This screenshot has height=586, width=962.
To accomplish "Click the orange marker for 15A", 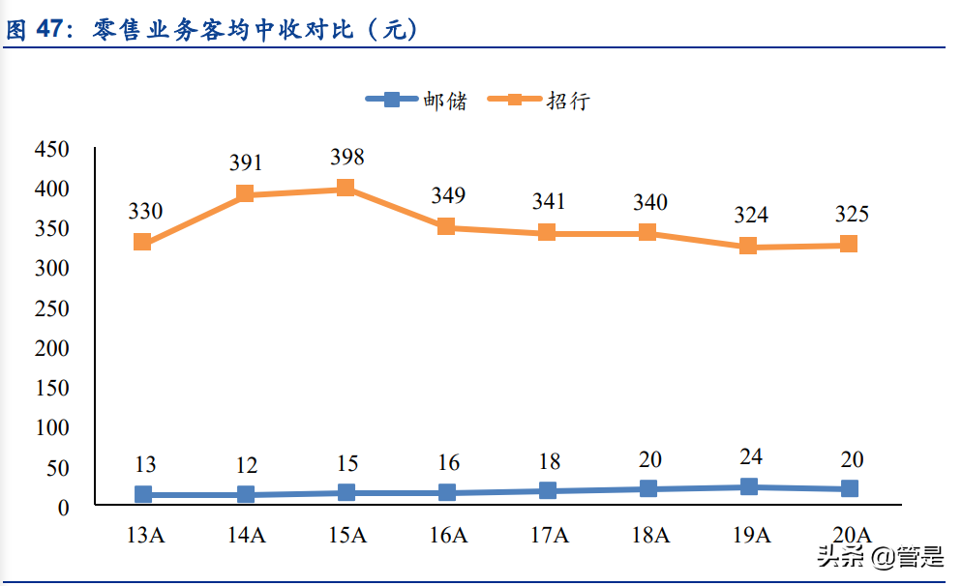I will pos(346,188).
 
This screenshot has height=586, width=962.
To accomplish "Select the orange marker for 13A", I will pos(143,242).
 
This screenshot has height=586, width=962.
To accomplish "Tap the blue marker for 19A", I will pos(748,486).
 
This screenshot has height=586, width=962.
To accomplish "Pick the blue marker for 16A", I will pos(446,492).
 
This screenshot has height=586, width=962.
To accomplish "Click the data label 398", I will pos(346,157).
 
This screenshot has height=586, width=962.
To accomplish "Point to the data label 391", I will pos(246,163).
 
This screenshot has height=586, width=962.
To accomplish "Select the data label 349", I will pos(447,196).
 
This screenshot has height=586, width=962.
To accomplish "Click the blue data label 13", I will pos(145,463).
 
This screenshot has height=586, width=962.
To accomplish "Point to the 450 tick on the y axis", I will pos(51,149).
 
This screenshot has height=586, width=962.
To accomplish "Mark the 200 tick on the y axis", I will pos(51,347).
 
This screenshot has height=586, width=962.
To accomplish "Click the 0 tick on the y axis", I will pos(64,506).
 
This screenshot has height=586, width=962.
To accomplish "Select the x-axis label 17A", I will pos(548,535).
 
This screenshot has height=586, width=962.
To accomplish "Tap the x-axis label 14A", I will pos(246,535).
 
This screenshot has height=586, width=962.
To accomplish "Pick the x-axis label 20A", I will pos(850,535).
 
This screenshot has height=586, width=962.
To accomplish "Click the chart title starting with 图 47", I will pos(212,30).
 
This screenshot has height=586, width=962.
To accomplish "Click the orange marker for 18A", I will pos(647,232).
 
